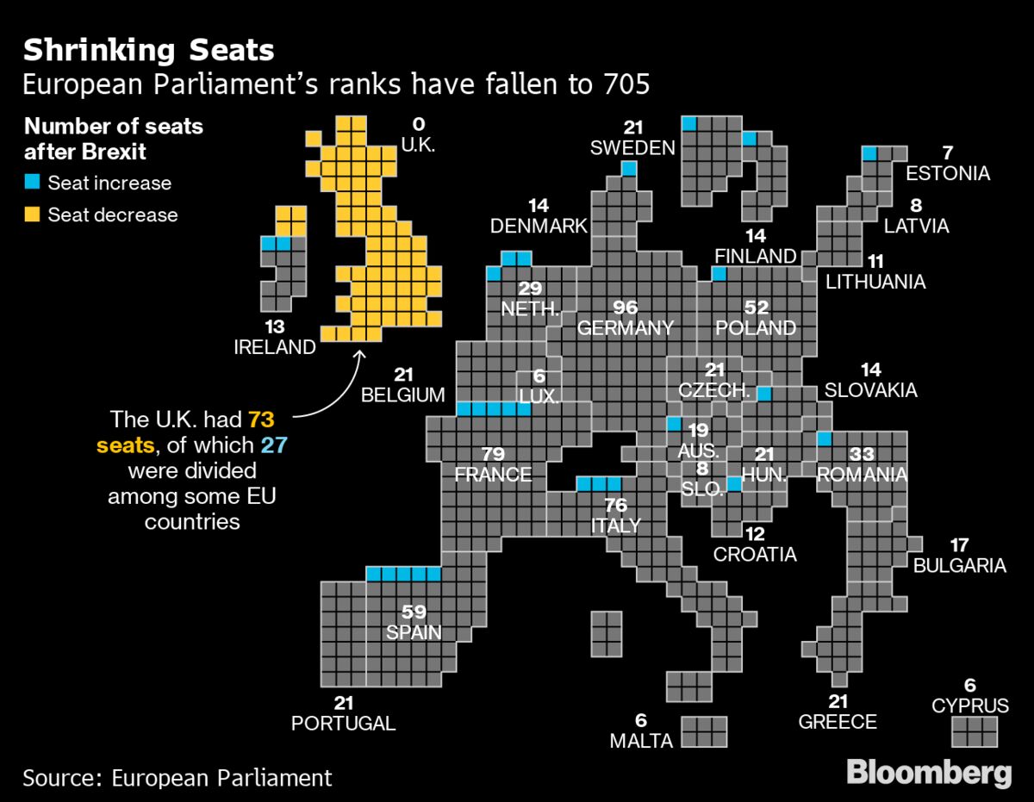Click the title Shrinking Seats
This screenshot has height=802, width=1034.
148,50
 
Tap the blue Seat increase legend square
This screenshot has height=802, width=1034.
33,183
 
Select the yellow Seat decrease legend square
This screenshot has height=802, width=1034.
33,214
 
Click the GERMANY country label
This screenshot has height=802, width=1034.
625,328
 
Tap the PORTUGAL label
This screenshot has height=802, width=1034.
343,723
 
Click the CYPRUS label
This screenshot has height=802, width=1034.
969,706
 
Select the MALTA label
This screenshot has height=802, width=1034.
640,741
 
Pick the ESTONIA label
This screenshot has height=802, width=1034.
948,173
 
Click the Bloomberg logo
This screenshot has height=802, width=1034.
929,772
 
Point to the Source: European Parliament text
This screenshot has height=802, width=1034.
178,777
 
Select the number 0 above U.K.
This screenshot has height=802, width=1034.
419,125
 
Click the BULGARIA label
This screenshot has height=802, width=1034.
959,565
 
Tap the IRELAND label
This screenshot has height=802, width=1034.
275,347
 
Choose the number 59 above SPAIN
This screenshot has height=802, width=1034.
414,612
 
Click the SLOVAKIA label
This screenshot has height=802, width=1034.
870,390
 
